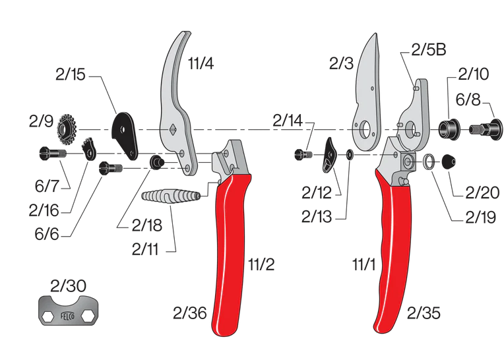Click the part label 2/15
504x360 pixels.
pyautogui.click(x=71, y=75)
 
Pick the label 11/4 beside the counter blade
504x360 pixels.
pyautogui.click(x=201, y=64)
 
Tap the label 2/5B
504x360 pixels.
pyautogui.click(x=429, y=49)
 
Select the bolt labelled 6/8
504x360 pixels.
pyautogui.click(x=485, y=129)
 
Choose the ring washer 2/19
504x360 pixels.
pyautogui.click(x=429, y=160)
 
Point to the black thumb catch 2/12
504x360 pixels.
pyautogui.click(x=330, y=155)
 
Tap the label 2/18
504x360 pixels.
pyautogui.click(x=146, y=225)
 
